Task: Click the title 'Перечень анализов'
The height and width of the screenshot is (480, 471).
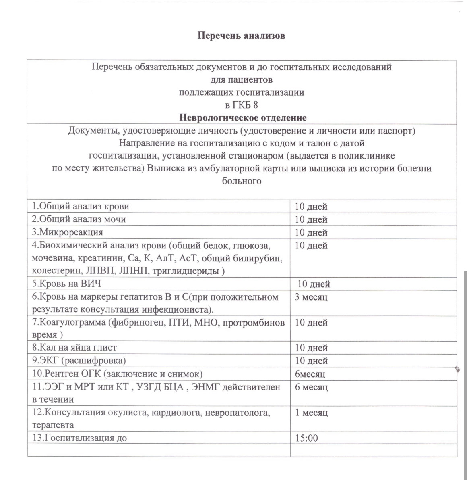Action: tap(241, 36)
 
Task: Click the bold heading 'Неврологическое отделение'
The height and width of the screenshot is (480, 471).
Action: tap(243, 118)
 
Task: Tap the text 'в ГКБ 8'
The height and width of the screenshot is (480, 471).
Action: tap(242, 105)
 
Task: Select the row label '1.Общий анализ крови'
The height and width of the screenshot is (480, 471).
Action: tap(81, 206)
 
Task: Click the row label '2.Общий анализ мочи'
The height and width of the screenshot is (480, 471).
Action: tap(79, 219)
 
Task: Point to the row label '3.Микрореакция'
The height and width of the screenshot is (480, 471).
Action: tap(68, 232)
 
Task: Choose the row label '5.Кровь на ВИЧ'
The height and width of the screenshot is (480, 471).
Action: tap(67, 284)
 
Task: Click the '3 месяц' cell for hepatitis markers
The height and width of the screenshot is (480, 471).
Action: tap(311, 297)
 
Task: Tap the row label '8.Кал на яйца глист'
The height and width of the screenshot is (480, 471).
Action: tap(74, 347)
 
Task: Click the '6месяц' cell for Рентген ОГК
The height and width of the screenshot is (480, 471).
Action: tap(310, 374)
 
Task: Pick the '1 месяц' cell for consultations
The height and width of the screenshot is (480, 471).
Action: tap(311, 413)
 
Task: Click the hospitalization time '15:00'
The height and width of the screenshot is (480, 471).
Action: tap(306, 438)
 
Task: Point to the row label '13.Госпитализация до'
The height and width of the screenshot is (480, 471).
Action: tap(80, 438)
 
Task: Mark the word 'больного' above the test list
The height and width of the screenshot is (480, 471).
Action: tap(242, 181)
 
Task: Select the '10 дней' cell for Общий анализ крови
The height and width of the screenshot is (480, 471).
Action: tap(311, 207)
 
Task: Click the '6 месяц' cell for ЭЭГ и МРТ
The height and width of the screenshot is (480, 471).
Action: tap(311, 387)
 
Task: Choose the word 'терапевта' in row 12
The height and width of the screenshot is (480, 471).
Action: tap(53, 425)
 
